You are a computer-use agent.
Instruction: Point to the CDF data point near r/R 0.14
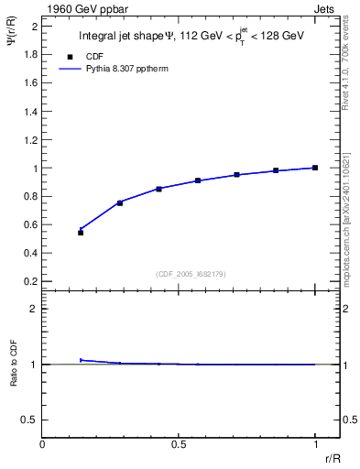[81, 233]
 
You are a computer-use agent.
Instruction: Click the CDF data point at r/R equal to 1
[315, 168]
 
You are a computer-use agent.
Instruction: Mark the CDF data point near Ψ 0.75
[120, 202]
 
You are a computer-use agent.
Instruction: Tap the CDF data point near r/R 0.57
[198, 180]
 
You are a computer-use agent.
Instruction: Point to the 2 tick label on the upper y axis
[34, 27]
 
